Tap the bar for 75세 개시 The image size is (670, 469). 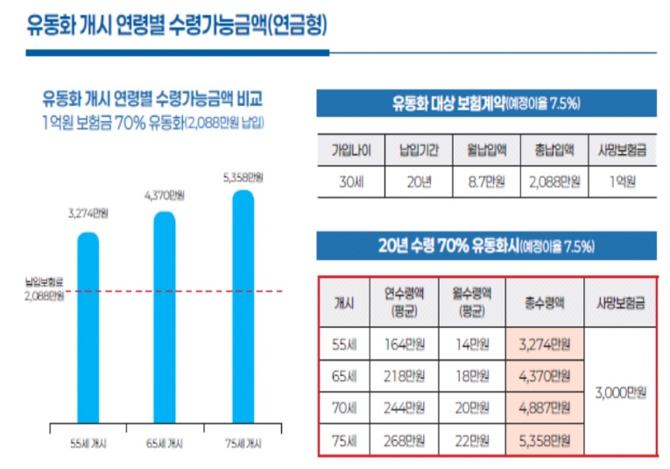point(242,307)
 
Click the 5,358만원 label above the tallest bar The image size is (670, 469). point(242,178)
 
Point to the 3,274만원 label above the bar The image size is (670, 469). point(88,213)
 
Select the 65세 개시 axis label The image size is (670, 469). point(164,444)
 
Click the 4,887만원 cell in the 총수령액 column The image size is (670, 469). point(544,408)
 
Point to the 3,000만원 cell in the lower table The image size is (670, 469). point(620,394)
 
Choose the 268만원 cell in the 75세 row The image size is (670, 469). point(405,439)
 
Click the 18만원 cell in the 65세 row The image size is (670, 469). point(472,376)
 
